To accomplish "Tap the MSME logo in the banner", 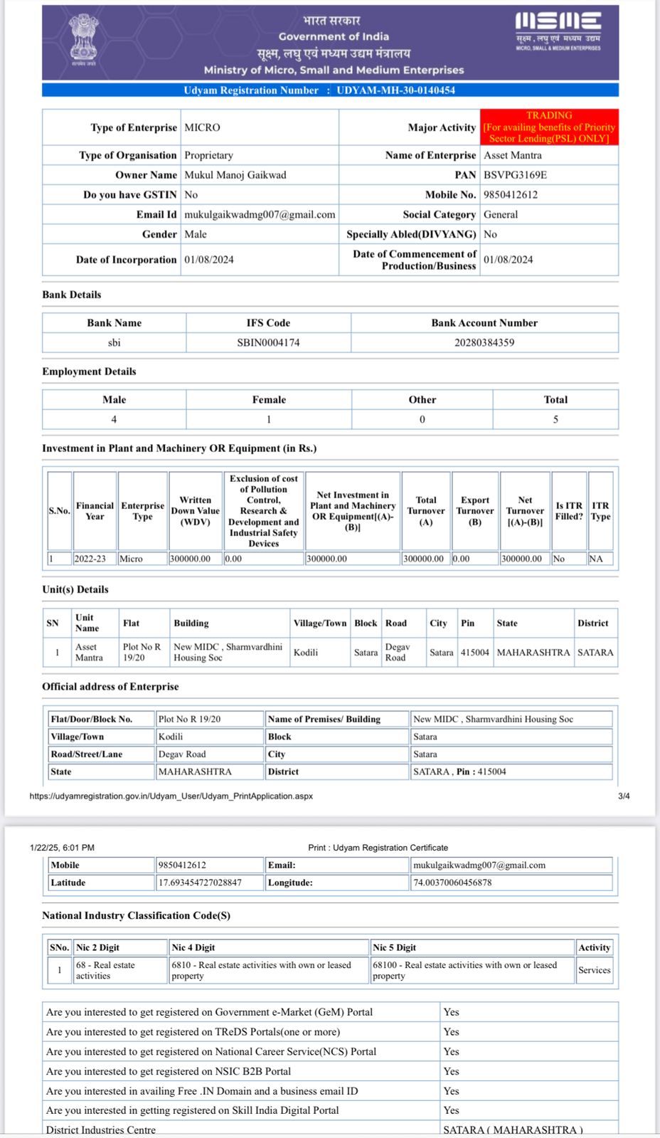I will pyautogui.click(x=558, y=30).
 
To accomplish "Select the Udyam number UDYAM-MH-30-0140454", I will pyautogui.click(x=395, y=90).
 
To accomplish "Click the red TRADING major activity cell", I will pyautogui.click(x=549, y=127).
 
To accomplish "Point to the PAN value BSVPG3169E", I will pyautogui.click(x=515, y=175).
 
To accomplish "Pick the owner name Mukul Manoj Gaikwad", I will pyautogui.click(x=235, y=175).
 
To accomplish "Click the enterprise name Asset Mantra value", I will pyautogui.click(x=513, y=155).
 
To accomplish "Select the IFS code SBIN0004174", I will pyautogui.click(x=268, y=342).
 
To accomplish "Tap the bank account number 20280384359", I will pyautogui.click(x=484, y=342).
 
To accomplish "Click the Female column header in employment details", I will pyautogui.click(x=269, y=400).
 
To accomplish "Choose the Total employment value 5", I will pyautogui.click(x=555, y=419).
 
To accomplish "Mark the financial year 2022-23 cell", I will pyautogui.click(x=90, y=559).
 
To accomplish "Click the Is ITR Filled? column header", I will pyautogui.click(x=569, y=511).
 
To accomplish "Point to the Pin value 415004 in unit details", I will pyautogui.click(x=474, y=653).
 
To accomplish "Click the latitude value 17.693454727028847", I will pyautogui.click(x=200, y=883).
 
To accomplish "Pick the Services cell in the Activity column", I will pyautogui.click(x=595, y=970).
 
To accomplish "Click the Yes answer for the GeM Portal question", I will pyautogui.click(x=452, y=1012).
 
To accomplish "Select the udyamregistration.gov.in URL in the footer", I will pyautogui.click(x=171, y=796).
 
